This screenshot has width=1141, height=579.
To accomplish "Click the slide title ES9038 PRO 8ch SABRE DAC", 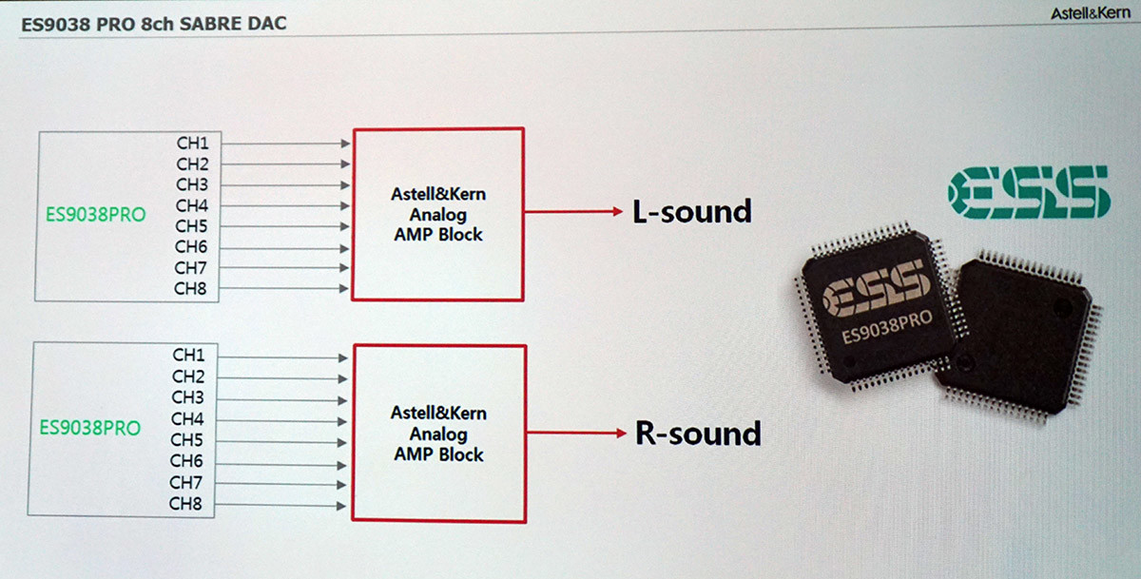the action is [154, 24].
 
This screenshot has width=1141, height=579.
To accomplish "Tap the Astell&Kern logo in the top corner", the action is [1091, 13].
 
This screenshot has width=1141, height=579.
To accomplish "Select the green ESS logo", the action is [1029, 192].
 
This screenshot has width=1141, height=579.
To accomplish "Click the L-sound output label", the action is [692, 211].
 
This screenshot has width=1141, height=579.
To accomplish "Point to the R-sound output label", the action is [698, 434].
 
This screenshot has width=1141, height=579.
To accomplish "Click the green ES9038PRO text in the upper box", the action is [96, 214].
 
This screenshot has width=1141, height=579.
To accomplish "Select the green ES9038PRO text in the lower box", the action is [90, 428].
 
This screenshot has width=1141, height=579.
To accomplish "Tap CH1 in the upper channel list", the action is [192, 144].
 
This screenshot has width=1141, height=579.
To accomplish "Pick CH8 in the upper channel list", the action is [190, 289].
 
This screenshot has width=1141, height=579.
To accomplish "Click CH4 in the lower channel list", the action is [187, 419].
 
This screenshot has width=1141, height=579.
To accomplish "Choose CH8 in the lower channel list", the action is [185, 504].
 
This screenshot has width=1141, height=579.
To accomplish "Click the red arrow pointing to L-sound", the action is [573, 211].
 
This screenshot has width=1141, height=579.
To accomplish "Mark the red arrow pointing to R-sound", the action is [576, 433].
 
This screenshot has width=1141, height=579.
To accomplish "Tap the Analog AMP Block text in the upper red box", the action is [438, 224].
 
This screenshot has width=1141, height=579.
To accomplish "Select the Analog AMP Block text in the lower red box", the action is [438, 444].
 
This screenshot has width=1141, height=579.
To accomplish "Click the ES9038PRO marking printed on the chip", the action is [887, 327].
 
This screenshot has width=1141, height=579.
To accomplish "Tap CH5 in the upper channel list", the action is [191, 226].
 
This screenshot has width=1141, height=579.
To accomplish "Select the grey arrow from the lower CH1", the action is [282, 357].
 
